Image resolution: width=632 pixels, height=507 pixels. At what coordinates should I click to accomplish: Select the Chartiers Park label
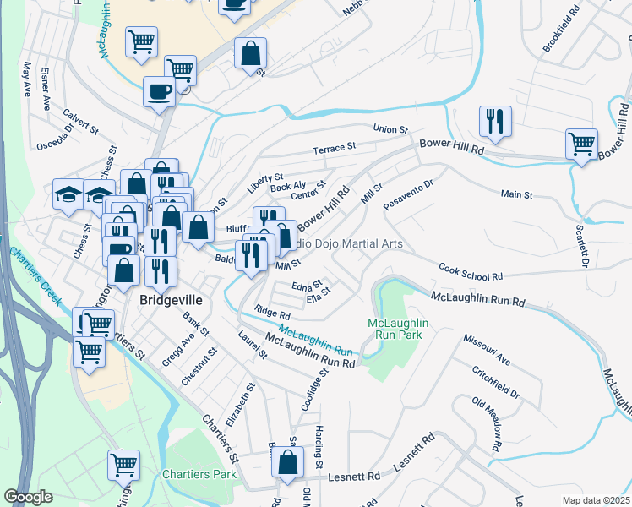[199, 474]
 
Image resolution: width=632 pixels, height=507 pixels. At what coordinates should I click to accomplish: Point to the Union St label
[391, 129]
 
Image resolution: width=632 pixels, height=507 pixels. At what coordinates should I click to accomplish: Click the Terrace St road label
[334, 149]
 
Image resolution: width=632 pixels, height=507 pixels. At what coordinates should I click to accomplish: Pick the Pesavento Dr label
[407, 194]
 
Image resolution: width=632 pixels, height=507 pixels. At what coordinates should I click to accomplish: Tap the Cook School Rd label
[471, 271]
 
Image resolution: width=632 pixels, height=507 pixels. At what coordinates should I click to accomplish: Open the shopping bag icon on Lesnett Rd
[287, 463]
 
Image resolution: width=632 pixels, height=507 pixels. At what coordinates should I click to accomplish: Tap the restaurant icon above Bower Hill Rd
[494, 123]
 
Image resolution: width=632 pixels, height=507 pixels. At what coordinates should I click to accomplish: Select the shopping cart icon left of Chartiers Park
[123, 465]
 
